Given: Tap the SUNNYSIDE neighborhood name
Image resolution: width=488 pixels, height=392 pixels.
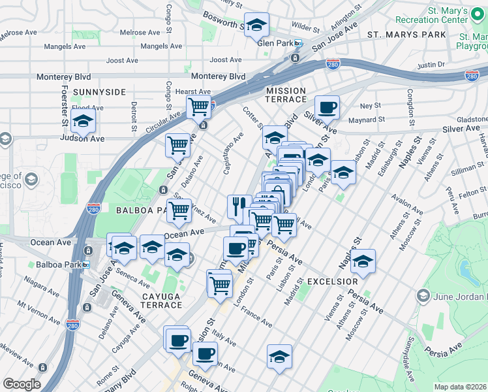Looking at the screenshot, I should tap(99, 92).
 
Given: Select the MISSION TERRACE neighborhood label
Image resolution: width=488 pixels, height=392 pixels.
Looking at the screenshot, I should tap(286, 95).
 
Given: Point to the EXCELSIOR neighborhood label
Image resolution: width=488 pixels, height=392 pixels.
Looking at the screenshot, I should tap(333, 281).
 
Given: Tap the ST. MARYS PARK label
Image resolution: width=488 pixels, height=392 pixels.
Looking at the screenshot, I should tap(398, 34).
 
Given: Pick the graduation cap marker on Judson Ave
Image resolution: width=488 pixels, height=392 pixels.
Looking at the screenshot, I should tap(83, 121).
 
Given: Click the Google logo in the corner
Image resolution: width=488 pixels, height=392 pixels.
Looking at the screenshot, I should tap(22, 384).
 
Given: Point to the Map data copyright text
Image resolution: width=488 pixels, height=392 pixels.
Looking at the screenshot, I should tap(461, 387).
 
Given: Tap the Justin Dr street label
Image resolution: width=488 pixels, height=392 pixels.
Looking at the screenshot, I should tap(431, 65).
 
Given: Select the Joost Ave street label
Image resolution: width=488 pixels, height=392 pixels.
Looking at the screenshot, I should tap(123, 60).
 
